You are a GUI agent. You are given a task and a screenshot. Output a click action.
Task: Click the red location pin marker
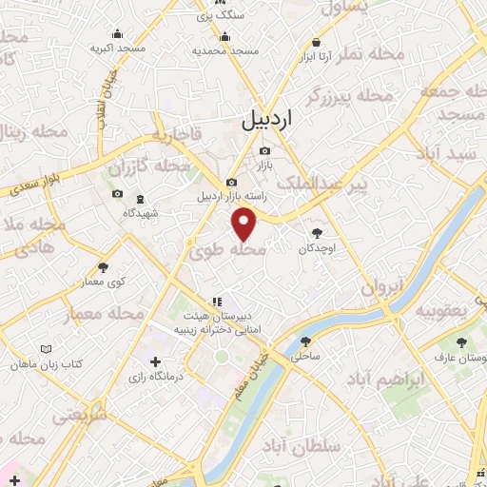pyautogui.click(x=245, y=224)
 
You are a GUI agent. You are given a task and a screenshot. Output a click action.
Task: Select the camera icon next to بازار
pyautogui.click(x=264, y=151)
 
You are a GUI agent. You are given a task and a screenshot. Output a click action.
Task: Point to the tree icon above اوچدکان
pyautogui.click(x=317, y=232)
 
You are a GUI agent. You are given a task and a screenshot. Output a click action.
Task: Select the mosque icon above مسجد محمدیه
pyautogui.click(x=225, y=37)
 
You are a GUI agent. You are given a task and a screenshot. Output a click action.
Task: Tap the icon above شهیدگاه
pyautogui.click(x=142, y=199)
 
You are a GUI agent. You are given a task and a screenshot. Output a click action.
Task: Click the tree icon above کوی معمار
pyautogui.click(x=103, y=267)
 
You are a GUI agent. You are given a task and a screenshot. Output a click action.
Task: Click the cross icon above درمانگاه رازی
pyautogui.click(x=155, y=362)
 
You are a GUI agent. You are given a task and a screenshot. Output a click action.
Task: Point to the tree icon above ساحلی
pyautogui.click(x=305, y=342)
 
